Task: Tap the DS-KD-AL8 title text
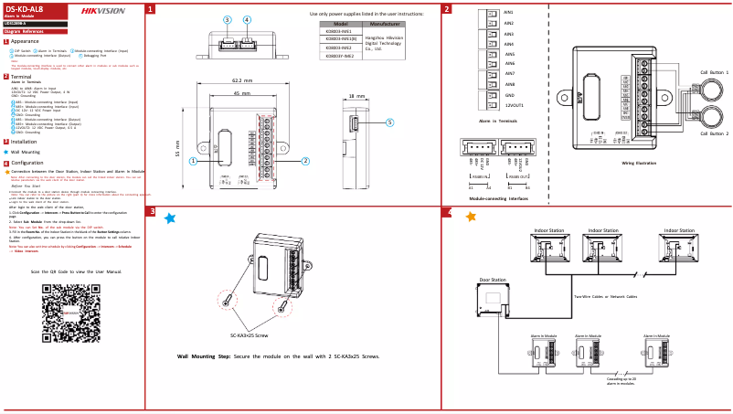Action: [24, 8]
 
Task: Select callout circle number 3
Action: [228, 19]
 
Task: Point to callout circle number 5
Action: [389, 122]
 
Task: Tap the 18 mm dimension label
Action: [356, 95]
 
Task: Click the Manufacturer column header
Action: [385, 24]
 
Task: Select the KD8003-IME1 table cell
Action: [339, 31]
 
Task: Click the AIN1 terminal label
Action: [509, 13]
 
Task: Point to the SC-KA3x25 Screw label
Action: [249, 334]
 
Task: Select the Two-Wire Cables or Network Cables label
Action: [605, 296]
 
